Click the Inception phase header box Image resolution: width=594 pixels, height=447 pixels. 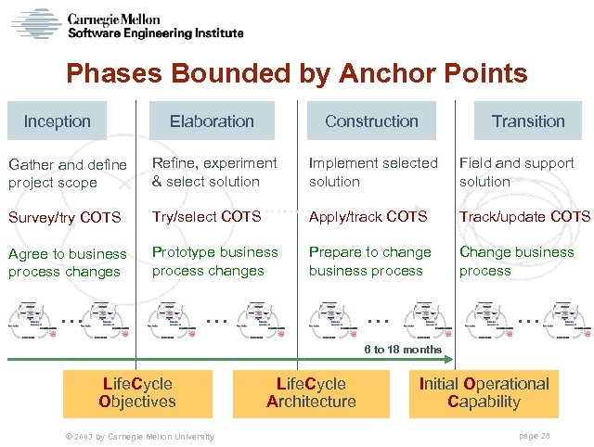pyautogui.click(x=58, y=121)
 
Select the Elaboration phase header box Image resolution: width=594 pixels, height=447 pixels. pyautogui.click(x=212, y=121)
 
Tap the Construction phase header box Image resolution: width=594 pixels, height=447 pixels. pyautogui.click(x=371, y=121)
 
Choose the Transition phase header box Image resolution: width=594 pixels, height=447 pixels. pyautogui.click(x=528, y=121)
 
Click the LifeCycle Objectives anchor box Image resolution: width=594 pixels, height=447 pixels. pyautogui.click(x=137, y=392)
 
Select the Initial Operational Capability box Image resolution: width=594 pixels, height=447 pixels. pyautogui.click(x=484, y=392)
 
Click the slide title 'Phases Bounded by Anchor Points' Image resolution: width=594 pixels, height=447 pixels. pyautogui.click(x=297, y=73)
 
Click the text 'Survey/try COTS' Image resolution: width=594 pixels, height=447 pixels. pyautogui.click(x=65, y=218)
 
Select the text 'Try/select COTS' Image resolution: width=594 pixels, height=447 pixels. pyautogui.click(x=206, y=217)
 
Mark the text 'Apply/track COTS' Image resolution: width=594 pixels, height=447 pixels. pyautogui.click(x=368, y=217)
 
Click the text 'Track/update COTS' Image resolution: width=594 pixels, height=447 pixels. pyautogui.click(x=524, y=217)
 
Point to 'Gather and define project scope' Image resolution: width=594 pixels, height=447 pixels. pyautogui.click(x=68, y=173)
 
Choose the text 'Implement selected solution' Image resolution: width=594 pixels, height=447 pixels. pyautogui.click(x=373, y=172)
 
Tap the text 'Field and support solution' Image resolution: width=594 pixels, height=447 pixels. pyautogui.click(x=517, y=172)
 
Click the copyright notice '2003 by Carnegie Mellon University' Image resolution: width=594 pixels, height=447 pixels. pyautogui.click(x=137, y=436)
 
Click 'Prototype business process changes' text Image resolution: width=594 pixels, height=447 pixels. pyautogui.click(x=215, y=262)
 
